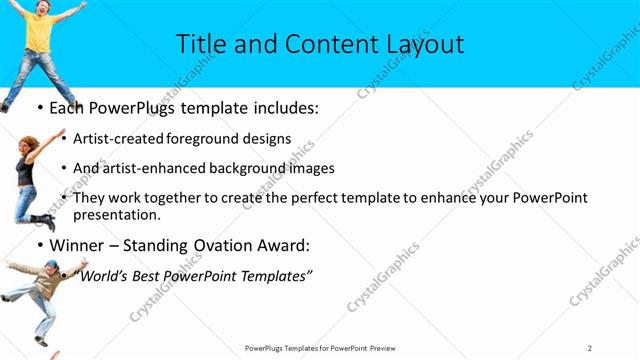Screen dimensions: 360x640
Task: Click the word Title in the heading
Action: pyautogui.click(x=201, y=45)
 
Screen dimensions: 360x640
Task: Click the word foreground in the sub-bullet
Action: pyautogui.click(x=212, y=139)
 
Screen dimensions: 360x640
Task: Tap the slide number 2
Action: pyautogui.click(x=590, y=348)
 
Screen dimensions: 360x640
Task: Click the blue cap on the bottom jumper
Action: pyautogui.click(x=52, y=265)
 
